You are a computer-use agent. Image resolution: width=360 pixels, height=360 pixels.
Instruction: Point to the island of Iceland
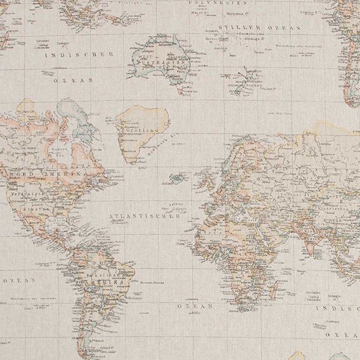179,178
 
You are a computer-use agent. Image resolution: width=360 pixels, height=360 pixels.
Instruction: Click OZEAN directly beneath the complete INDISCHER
73,81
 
